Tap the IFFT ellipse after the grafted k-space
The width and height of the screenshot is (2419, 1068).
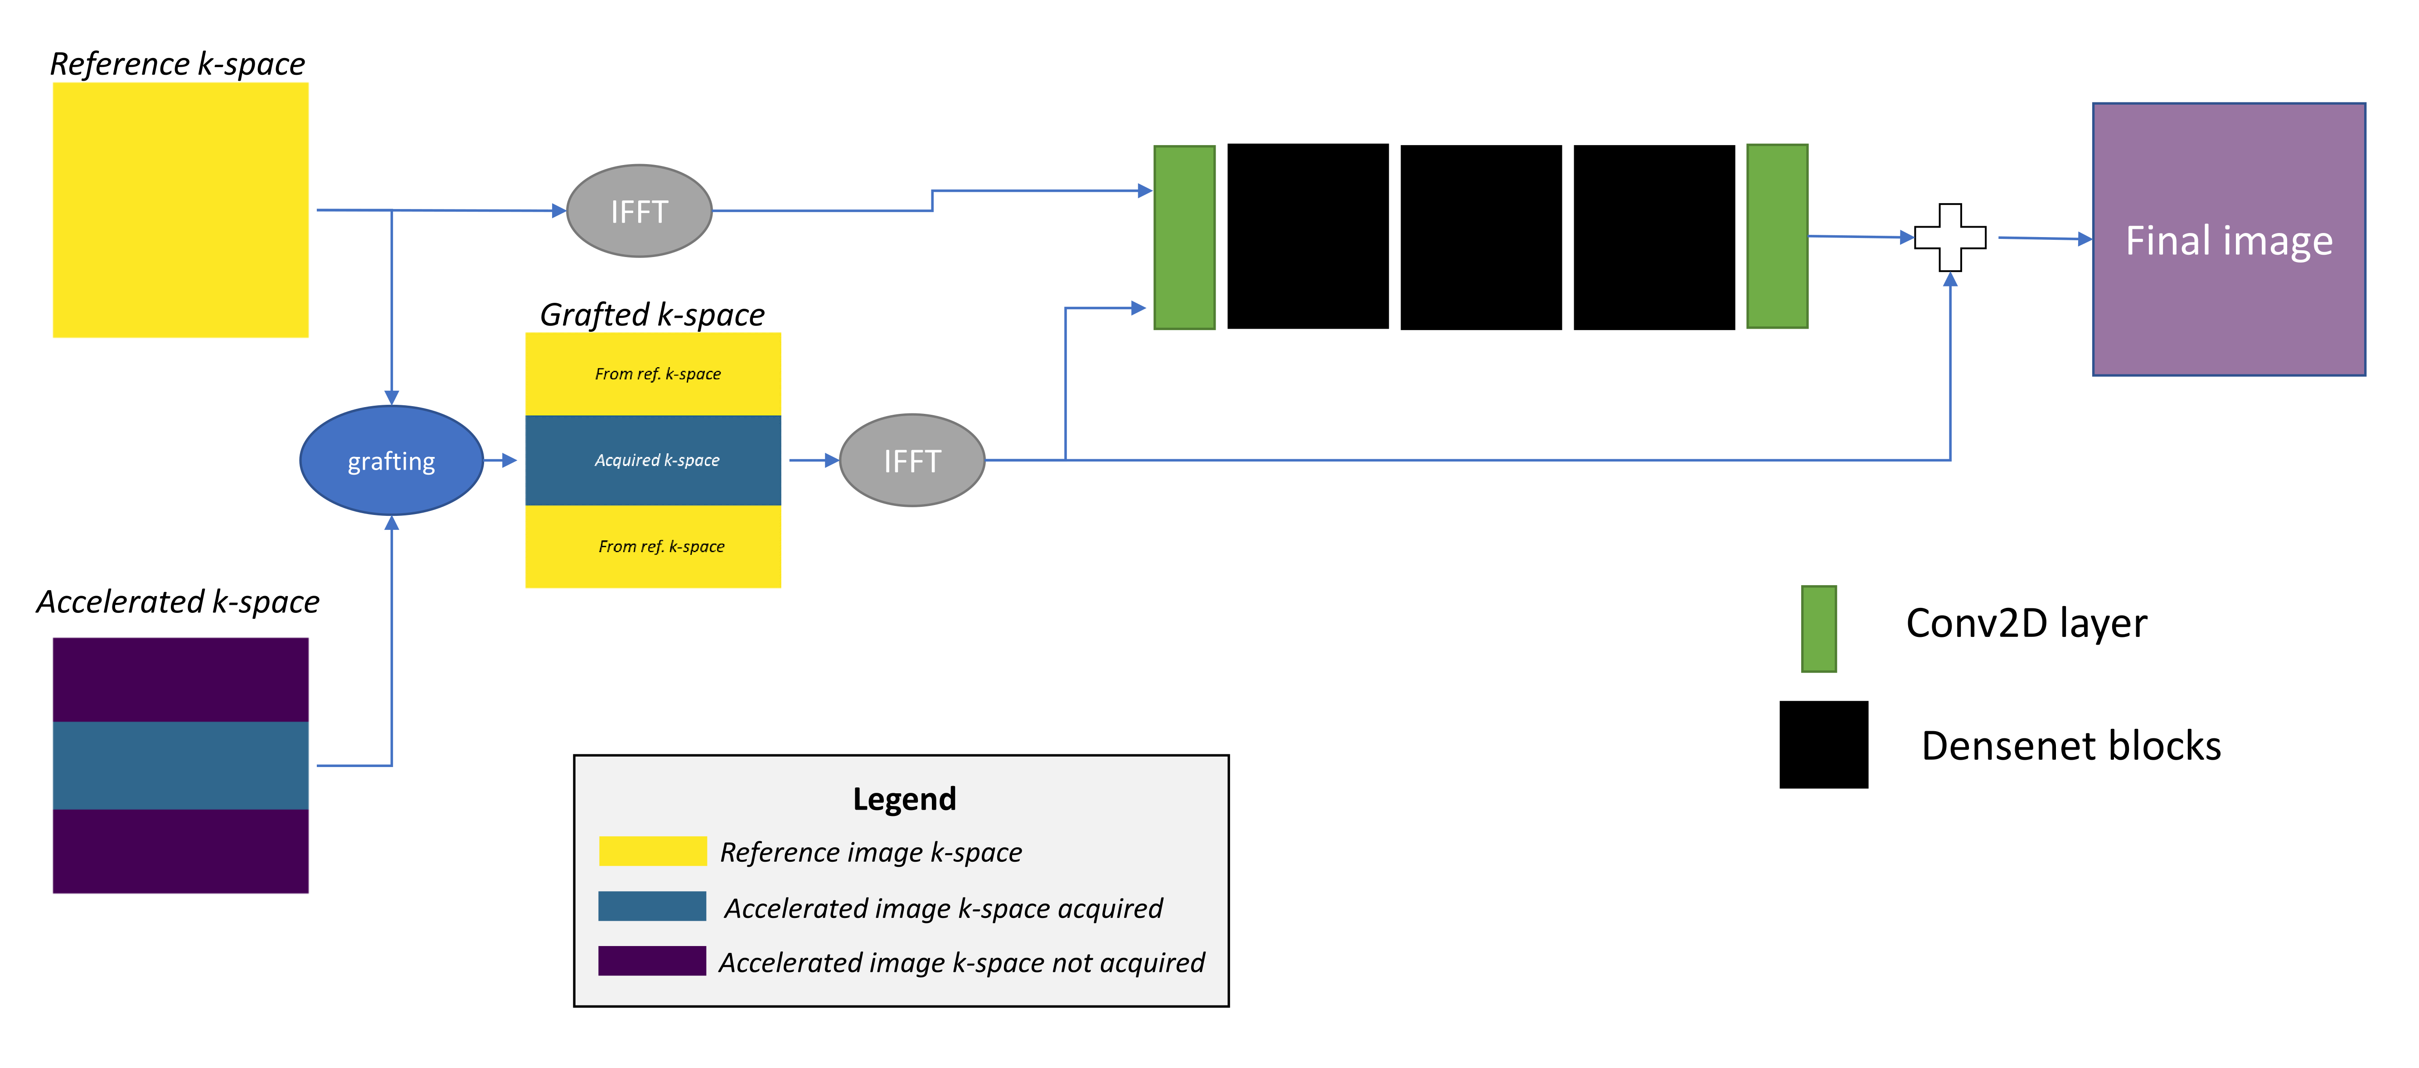point(911,460)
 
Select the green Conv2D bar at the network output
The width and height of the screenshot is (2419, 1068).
point(1777,237)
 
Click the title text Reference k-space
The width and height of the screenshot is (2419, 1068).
point(178,64)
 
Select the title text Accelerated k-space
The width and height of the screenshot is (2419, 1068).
point(178,601)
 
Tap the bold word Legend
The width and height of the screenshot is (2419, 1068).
point(903,798)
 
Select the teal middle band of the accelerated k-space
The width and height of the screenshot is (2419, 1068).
point(180,766)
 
